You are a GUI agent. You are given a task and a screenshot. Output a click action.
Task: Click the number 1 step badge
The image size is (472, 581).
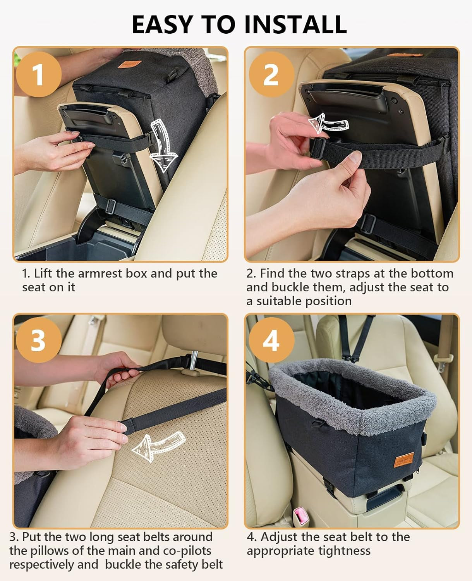click(38, 74)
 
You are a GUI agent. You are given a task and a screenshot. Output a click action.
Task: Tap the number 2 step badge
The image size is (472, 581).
click(271, 74)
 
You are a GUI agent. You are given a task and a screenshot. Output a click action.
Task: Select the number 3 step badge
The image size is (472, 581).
click(38, 341)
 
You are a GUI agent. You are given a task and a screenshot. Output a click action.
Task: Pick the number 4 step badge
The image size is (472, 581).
click(271, 341)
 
